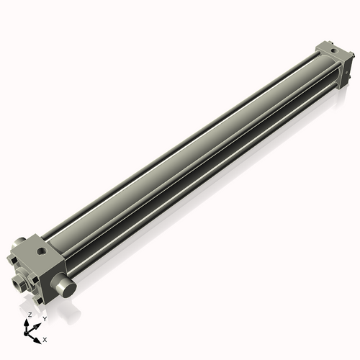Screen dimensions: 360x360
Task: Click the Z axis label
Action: (30, 315)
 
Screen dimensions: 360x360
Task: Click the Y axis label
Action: (44, 318)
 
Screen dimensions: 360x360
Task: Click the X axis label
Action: (45, 338)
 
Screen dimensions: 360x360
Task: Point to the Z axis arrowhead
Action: (28, 322)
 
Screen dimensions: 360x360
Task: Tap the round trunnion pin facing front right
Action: (66, 287)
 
